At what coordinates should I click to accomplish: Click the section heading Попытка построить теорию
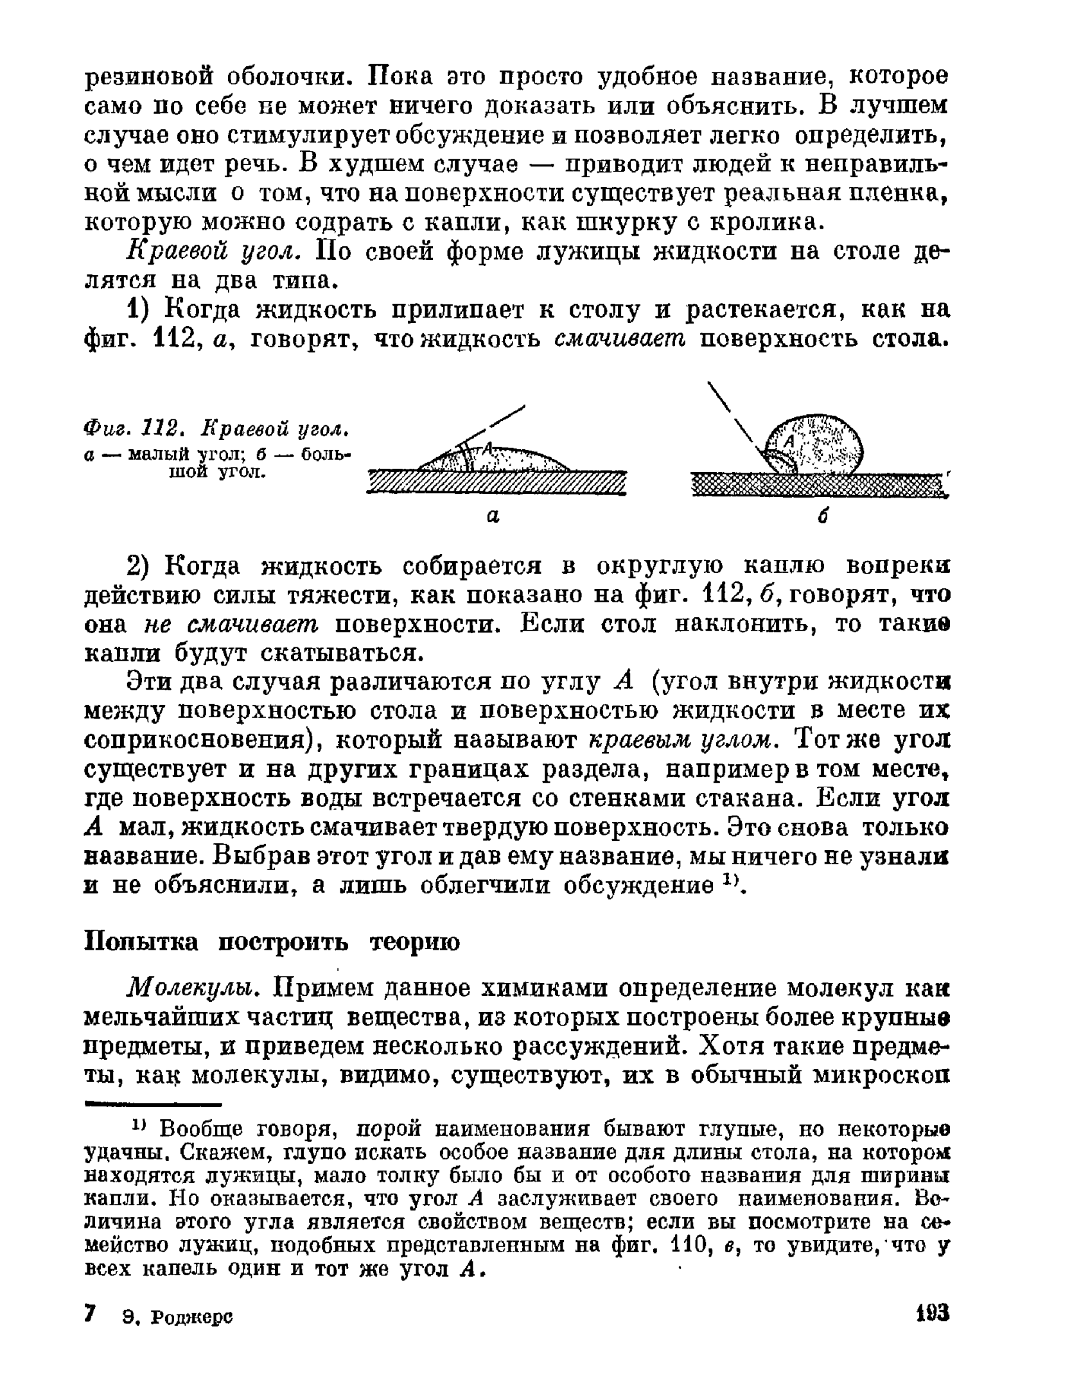(x=272, y=942)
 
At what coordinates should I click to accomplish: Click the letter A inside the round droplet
(x=789, y=441)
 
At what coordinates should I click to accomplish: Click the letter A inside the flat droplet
(x=488, y=448)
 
